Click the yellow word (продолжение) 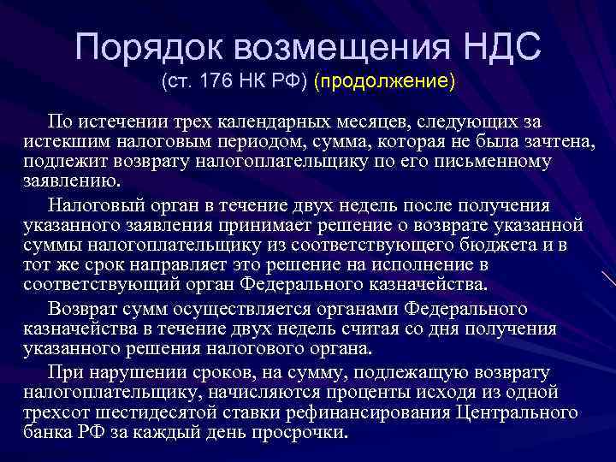[384, 84]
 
